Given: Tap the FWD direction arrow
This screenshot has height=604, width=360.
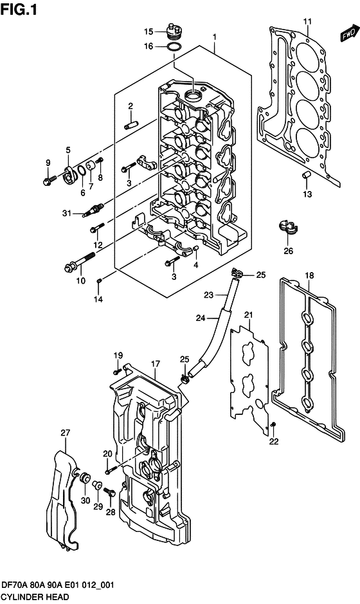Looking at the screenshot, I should click(348, 34).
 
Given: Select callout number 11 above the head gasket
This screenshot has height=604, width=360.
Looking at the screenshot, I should click(307, 22).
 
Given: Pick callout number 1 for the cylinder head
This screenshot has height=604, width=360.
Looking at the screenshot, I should click(214, 37).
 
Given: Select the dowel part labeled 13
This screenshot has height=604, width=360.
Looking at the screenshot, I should click(307, 174).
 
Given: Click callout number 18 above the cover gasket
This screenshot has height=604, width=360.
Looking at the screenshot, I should click(309, 276).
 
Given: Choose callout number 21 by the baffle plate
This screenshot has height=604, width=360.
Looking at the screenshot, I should click(248, 315).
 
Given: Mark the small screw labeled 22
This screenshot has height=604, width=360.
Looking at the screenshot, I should click(274, 424).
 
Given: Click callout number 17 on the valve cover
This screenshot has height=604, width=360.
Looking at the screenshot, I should click(155, 365).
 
